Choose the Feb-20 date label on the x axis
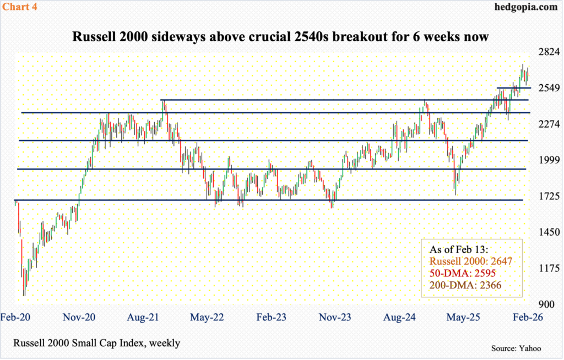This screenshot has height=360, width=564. (15, 317)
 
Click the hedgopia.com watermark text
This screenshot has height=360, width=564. (527, 7)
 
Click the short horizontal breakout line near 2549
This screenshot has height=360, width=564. (513, 88)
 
